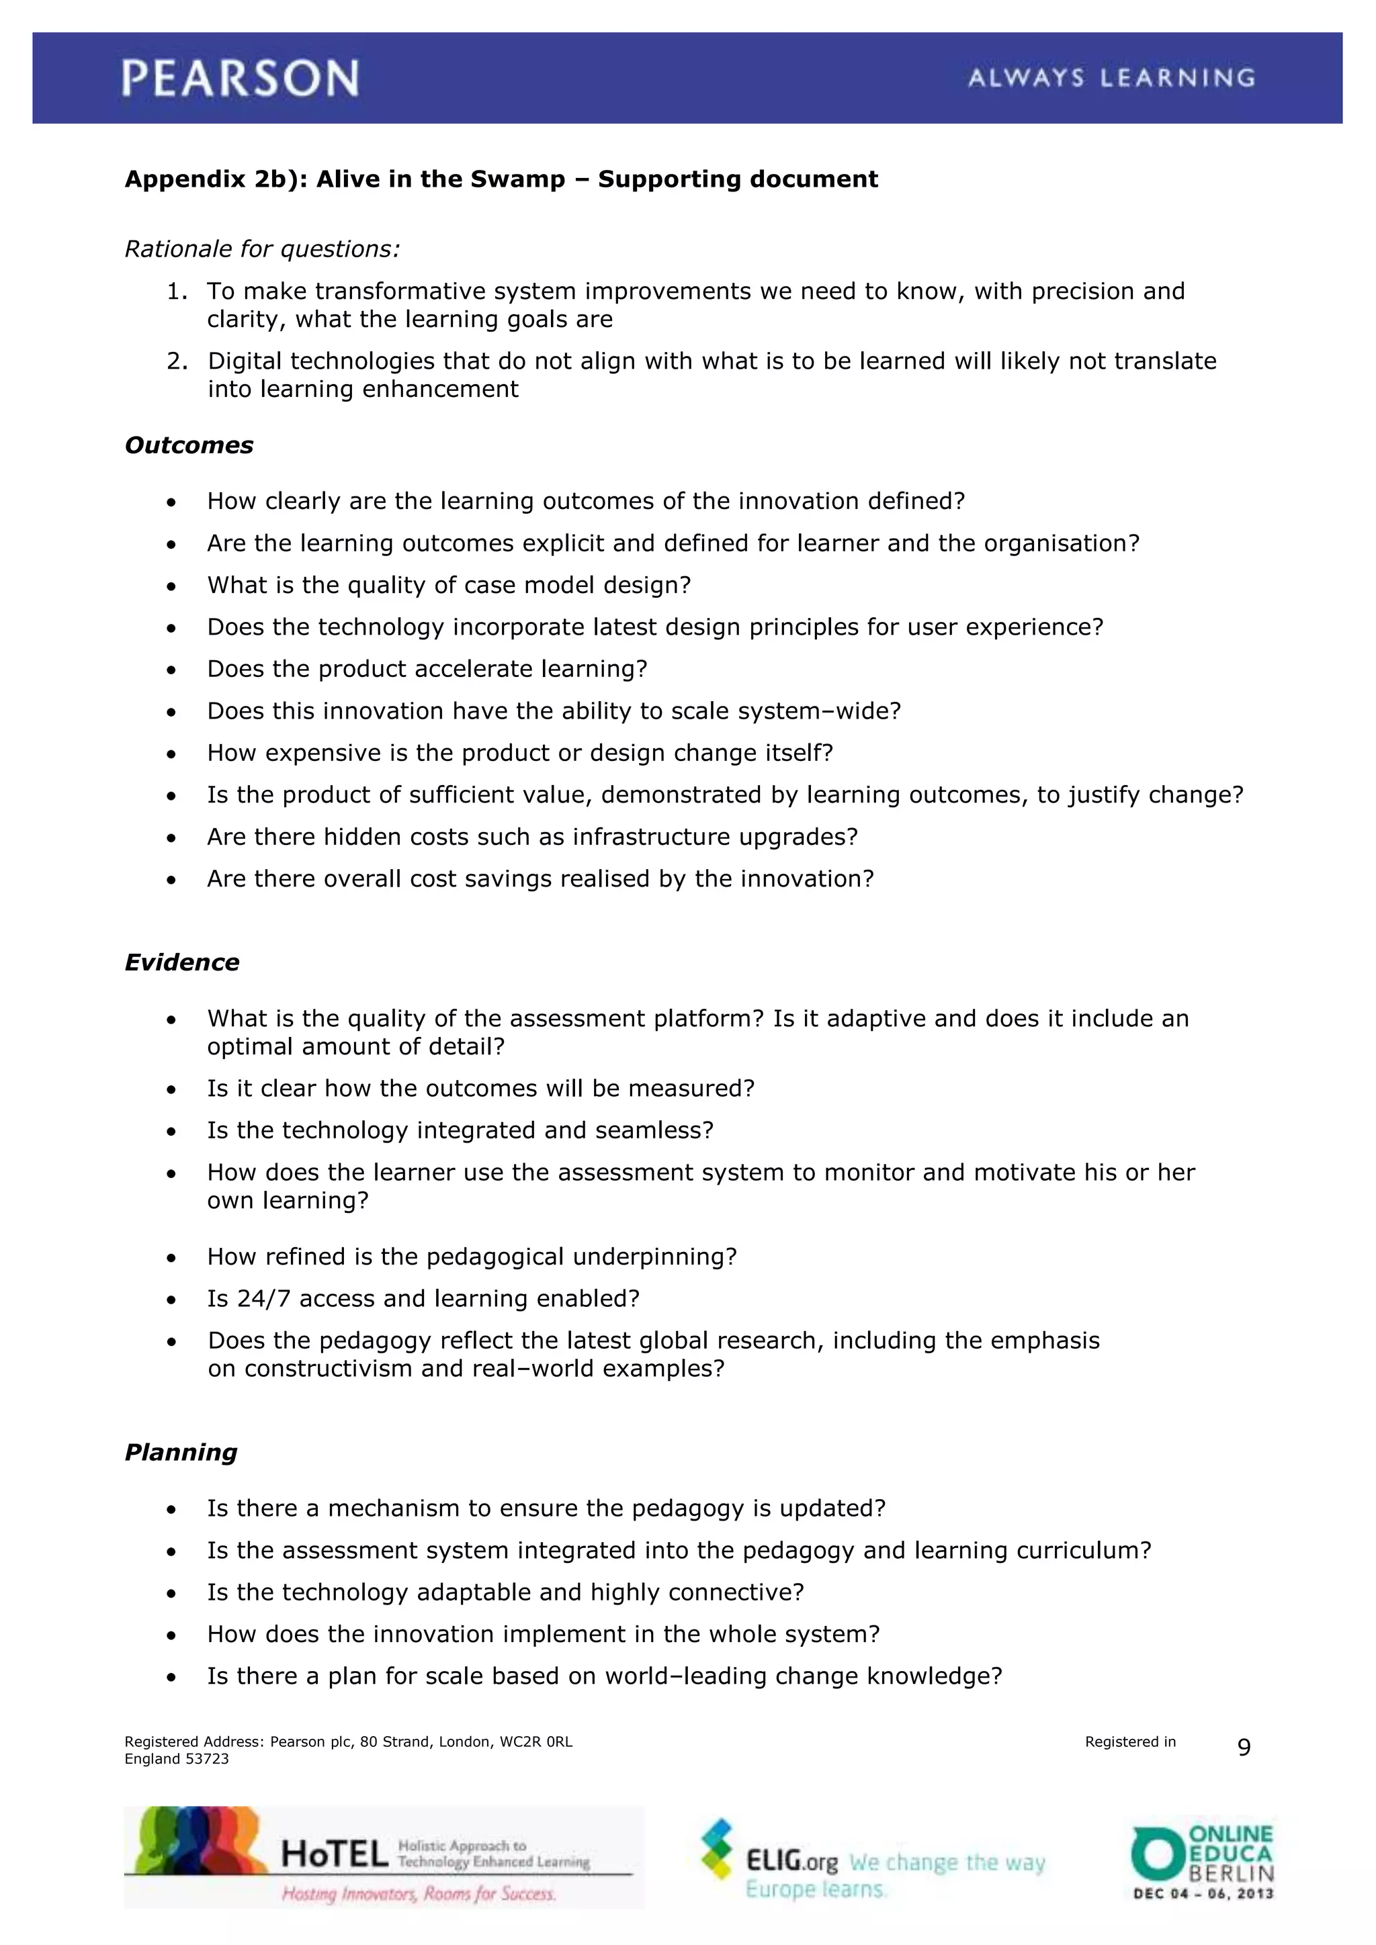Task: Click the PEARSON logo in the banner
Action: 240,78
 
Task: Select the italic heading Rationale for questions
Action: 262,249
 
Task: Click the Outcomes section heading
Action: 189,445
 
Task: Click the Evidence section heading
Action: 182,962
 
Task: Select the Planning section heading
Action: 181,1452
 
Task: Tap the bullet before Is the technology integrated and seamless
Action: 172,1132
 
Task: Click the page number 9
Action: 1244,1747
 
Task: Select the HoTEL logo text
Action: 334,1855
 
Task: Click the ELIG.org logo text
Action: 791,1861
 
